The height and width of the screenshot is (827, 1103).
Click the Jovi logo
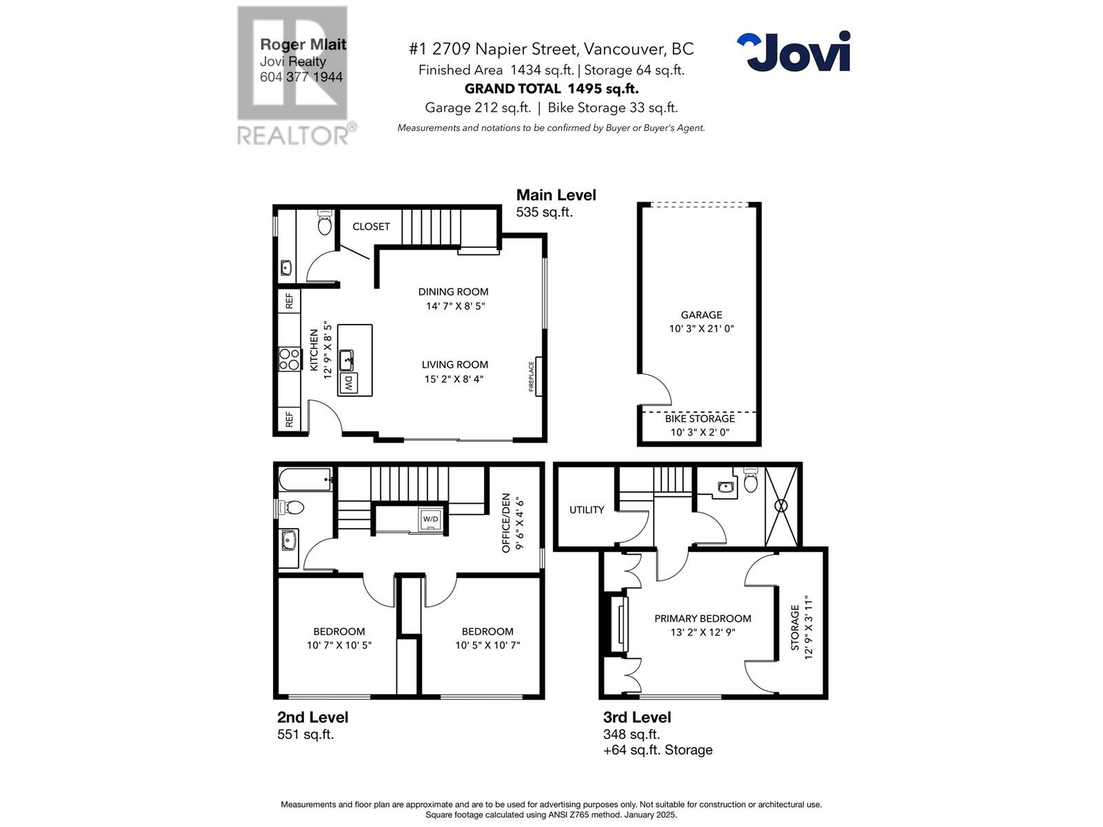click(793, 51)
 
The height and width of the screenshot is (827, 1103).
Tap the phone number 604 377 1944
click(301, 77)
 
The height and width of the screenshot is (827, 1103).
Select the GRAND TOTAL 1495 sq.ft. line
click(551, 88)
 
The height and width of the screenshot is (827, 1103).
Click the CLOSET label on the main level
click(371, 227)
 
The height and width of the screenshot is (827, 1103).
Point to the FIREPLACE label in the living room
click(532, 376)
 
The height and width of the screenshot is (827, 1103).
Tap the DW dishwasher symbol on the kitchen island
click(349, 383)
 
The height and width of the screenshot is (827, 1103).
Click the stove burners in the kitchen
click(290, 359)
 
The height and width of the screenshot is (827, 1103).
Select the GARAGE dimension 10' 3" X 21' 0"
click(701, 329)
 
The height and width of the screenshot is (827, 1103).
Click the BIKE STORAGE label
click(700, 418)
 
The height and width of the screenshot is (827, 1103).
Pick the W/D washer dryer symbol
click(430, 519)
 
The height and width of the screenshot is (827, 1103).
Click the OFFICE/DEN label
click(506, 522)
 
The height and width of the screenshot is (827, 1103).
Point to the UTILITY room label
click(587, 510)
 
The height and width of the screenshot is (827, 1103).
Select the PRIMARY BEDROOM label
click(702, 619)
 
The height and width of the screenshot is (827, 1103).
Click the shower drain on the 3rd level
click(781, 505)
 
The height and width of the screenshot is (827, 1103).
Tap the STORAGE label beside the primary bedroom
click(795, 628)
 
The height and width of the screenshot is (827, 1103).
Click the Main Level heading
click(556, 195)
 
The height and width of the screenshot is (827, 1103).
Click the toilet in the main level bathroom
click(324, 223)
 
